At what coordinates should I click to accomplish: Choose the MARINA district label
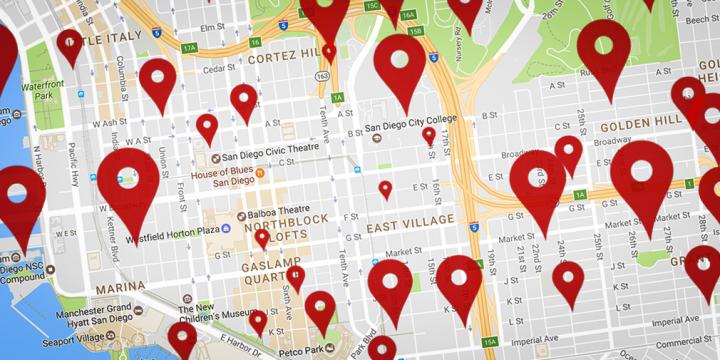coord(120,286)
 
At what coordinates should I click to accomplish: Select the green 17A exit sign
coord(190,47)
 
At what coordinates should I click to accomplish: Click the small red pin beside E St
coord(385,189)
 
